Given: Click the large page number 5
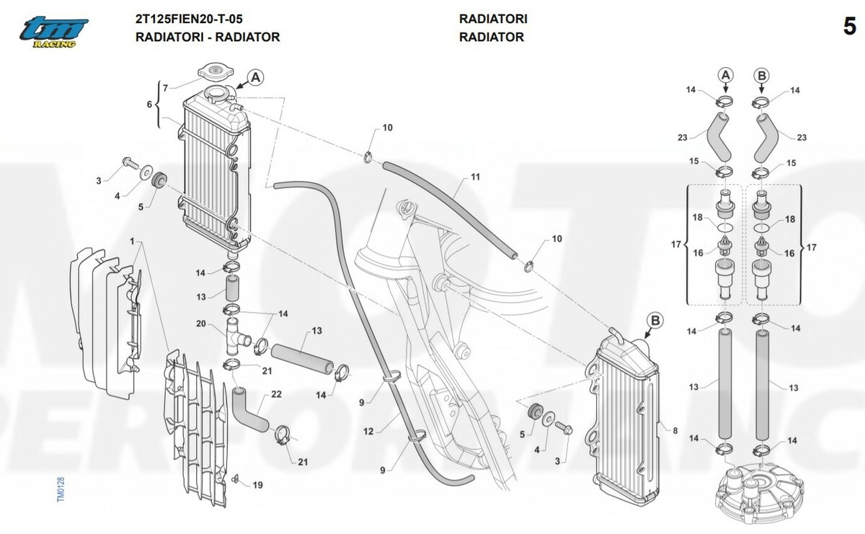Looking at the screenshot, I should coord(848,27).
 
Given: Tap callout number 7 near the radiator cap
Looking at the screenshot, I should coord(165,88).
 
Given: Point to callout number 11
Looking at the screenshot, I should coord(475,177).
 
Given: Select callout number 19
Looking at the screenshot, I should coord(257,485).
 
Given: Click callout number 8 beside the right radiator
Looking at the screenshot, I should coord(675,430).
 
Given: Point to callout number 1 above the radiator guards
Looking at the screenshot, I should coord(133,239).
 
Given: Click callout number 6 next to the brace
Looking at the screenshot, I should coord(149,105).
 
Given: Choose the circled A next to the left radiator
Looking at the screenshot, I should coord(257,77).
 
